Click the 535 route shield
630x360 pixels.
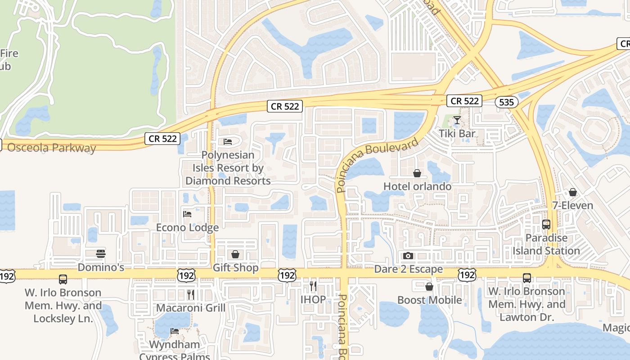click(x=506, y=102)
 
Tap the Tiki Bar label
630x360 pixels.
click(x=457, y=134)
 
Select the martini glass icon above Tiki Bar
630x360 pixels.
click(x=457, y=120)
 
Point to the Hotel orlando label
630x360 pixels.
click(x=417, y=186)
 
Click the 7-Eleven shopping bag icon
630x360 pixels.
click(x=572, y=193)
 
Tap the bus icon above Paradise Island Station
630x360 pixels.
click(x=546, y=224)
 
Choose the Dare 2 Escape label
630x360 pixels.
click(x=409, y=269)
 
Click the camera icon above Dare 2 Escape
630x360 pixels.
click(x=408, y=256)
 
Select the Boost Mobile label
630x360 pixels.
click(x=429, y=300)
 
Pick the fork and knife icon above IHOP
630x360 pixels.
click(x=313, y=286)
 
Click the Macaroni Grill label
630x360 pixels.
click(x=190, y=308)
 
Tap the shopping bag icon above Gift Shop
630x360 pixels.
click(x=235, y=255)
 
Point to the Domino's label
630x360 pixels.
click(x=101, y=267)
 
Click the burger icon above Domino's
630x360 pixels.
click(x=101, y=254)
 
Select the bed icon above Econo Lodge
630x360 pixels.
click(x=187, y=214)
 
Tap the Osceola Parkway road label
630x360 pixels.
click(x=52, y=148)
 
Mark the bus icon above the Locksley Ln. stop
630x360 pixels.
click(x=63, y=279)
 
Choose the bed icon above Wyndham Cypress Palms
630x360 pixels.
click(x=175, y=332)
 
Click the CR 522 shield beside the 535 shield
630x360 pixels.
click(x=464, y=101)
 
